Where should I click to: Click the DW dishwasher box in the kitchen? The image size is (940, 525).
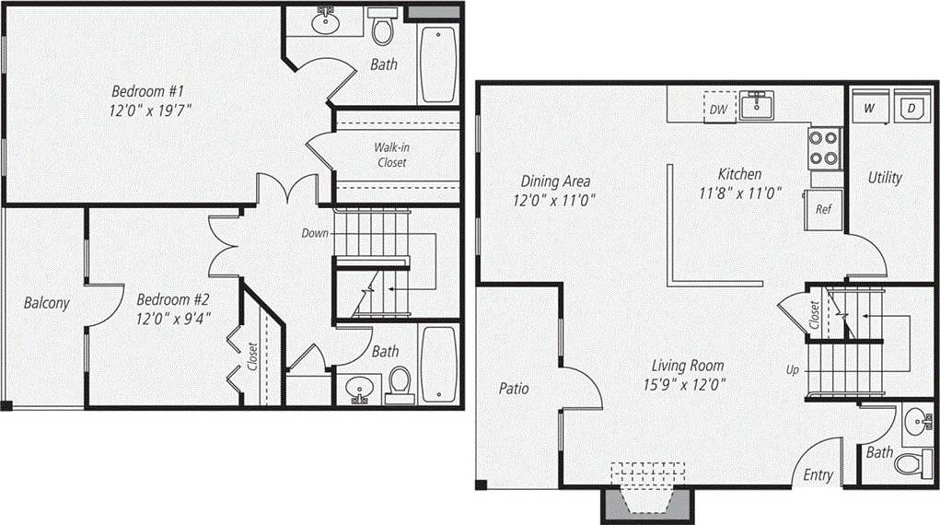[x=719, y=108]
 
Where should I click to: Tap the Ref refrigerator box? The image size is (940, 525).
[x=823, y=208]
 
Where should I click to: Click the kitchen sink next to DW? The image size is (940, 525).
[x=758, y=106]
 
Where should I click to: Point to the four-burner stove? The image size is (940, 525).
[x=825, y=148]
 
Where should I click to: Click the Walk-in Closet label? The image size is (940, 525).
[x=390, y=155]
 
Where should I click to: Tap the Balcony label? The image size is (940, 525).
[x=46, y=302]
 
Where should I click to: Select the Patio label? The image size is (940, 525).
[x=515, y=388]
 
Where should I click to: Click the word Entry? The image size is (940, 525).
[x=818, y=475]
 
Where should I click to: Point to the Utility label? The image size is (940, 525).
[x=885, y=177]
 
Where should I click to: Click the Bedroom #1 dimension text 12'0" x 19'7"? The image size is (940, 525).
[x=152, y=110]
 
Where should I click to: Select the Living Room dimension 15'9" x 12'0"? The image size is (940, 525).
[x=688, y=384]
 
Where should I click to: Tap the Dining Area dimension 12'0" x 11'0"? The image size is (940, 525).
[x=555, y=199]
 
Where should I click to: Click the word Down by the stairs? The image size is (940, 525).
[x=315, y=233]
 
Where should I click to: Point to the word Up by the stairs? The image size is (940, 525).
[x=792, y=370]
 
